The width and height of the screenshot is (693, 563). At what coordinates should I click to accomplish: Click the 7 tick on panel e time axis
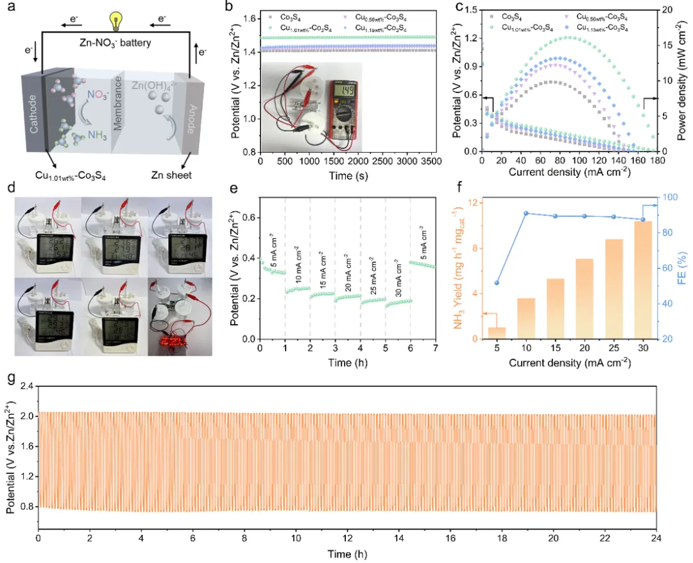point(435,348)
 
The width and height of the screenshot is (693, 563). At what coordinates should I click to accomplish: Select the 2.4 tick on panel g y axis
point(27,386)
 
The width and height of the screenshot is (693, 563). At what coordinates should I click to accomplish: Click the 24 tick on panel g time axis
point(656,537)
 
